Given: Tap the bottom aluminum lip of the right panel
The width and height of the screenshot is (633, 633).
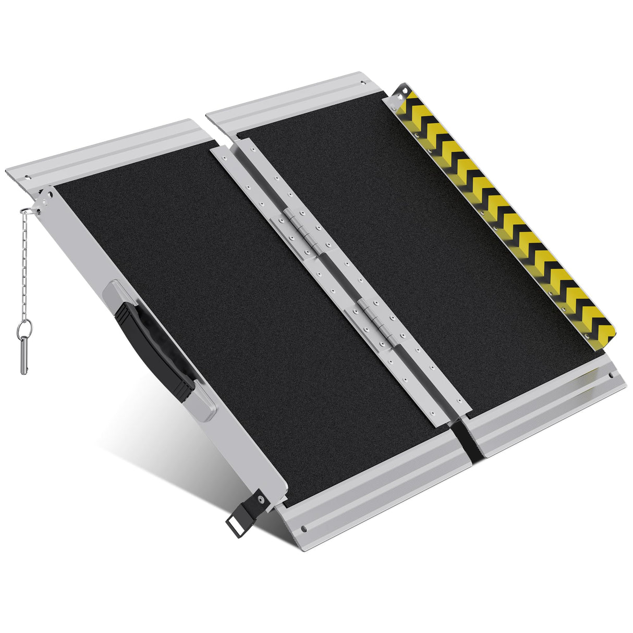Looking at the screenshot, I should pyautogui.click(x=547, y=407).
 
